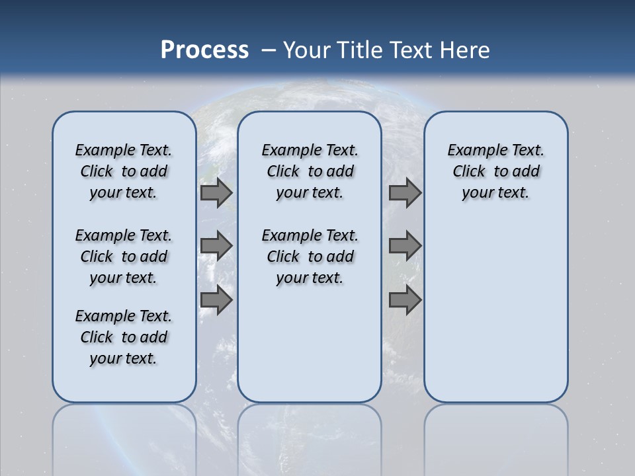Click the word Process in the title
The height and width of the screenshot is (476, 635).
tap(204, 50)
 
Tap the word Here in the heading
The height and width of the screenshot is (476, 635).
tap(463, 50)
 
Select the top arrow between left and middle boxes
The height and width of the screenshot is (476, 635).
tap(216, 192)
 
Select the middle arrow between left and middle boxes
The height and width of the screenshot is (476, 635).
tap(216, 246)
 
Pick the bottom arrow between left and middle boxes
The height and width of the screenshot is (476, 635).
tap(216, 299)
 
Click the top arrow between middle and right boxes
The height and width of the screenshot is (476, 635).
tap(405, 192)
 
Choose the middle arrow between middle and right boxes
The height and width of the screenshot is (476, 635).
tap(405, 246)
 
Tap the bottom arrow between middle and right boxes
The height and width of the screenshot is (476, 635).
tap(405, 299)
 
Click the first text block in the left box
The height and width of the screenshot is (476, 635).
tap(124, 171)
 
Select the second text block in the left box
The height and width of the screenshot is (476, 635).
tap(124, 257)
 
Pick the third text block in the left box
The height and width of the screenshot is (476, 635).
tap(124, 337)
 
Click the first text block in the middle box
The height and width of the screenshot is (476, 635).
tap(310, 171)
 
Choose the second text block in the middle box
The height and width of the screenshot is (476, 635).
tap(310, 257)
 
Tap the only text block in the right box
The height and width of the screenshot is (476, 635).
tap(496, 171)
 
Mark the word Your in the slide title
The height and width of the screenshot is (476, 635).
tap(307, 50)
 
